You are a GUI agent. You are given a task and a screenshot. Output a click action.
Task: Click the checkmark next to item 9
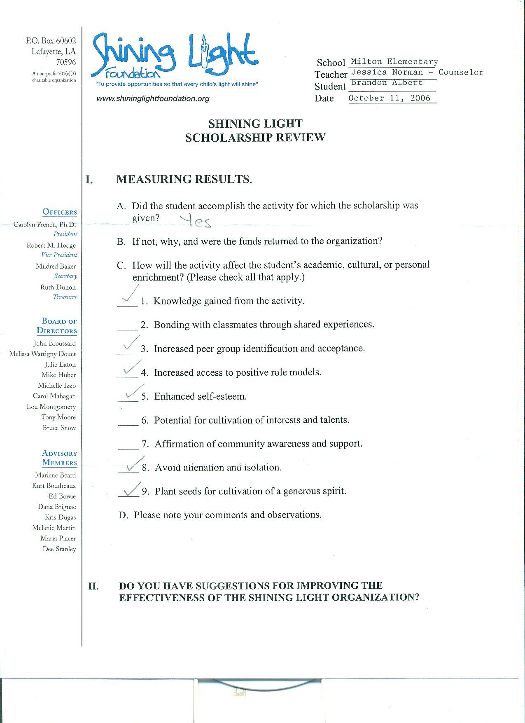[131, 490]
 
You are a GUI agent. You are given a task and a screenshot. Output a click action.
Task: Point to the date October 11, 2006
[389, 98]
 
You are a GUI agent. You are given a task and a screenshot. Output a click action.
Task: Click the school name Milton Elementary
[394, 62]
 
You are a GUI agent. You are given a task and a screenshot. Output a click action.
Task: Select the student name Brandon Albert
[387, 82]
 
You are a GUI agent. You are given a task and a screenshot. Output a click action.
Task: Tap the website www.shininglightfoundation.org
[153, 98]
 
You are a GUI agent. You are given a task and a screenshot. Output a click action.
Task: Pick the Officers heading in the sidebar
[59, 212]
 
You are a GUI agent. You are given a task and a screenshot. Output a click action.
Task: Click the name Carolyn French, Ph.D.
[44, 225]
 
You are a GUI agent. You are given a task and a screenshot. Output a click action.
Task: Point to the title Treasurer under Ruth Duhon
[65, 297]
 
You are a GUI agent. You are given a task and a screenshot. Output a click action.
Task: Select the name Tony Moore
[58, 417]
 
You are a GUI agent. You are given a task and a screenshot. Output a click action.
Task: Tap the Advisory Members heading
[59, 458]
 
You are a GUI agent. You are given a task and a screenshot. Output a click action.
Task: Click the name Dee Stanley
[59, 549]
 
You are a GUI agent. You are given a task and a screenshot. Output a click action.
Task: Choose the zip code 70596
[66, 62]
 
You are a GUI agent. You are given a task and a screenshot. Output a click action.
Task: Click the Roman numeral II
[93, 586]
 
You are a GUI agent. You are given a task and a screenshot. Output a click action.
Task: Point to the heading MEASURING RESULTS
[184, 179]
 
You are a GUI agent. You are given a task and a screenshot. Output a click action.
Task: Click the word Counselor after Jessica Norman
[461, 73]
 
